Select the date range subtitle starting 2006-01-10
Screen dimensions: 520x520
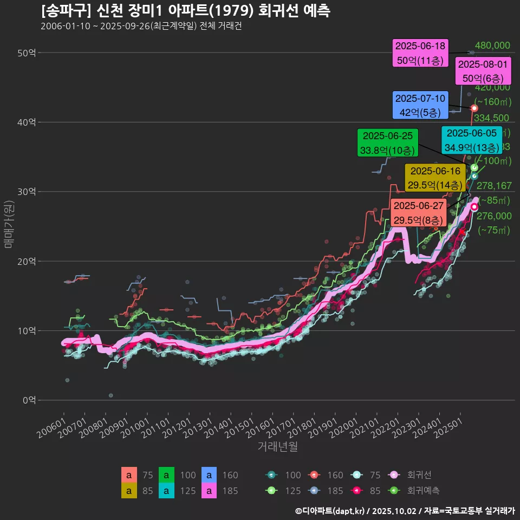point(141,26)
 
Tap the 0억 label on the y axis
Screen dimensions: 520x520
point(29,400)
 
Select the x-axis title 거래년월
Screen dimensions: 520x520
point(277,447)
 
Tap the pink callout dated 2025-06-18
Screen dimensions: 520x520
point(420,53)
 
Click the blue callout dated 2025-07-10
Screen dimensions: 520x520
point(420,106)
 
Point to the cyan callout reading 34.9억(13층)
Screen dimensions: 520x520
point(471,140)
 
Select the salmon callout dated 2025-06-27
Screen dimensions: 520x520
point(419,213)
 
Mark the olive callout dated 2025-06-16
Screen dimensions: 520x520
point(434,178)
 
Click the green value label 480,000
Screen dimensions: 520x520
point(492,45)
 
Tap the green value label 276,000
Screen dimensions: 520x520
point(492,216)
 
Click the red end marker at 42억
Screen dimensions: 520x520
point(474,108)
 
